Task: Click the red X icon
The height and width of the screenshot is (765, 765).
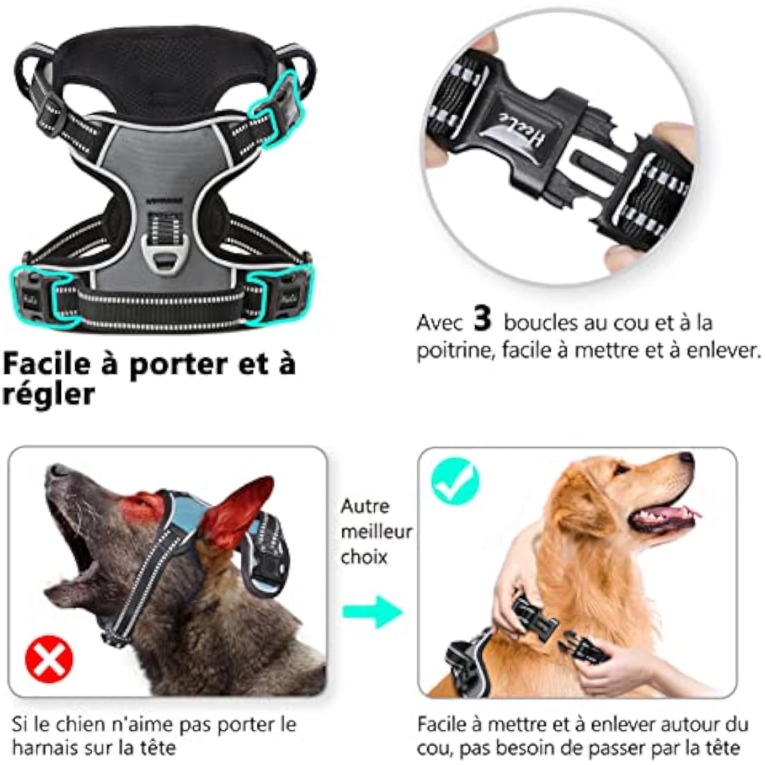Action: pos(49,660)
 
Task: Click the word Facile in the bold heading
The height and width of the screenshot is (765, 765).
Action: pos(47,363)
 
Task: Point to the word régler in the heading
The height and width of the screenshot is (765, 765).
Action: pos(49,395)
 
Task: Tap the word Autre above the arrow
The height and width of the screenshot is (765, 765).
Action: pos(365,506)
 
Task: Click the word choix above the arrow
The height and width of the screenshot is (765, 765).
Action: pos(364,557)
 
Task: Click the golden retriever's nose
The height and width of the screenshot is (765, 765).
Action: pos(686,459)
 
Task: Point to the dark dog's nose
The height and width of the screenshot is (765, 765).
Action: pos(57,470)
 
